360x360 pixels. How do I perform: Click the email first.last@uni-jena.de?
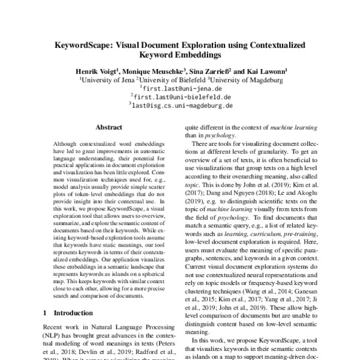[180, 87]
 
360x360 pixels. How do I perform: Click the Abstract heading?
[109, 127]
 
